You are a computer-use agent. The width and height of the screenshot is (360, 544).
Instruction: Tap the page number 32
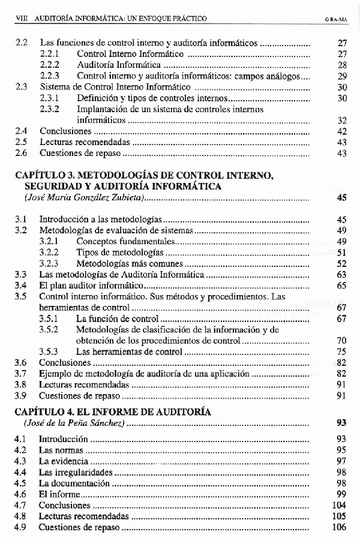[342, 120]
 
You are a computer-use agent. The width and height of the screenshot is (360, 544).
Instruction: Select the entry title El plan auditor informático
[87, 285]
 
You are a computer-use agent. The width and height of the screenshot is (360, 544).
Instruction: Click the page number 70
[342, 341]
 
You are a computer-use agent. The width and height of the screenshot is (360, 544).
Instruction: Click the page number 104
[339, 505]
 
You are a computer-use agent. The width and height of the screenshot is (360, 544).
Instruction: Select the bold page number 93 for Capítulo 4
[342, 423]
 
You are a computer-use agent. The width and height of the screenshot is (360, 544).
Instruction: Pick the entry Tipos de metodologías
[114, 253]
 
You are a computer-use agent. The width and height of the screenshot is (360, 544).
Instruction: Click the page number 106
[339, 527]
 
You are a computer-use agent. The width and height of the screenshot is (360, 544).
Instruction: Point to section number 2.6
[21, 154]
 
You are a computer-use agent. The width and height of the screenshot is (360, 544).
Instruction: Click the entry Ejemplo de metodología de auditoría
[144, 374]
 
